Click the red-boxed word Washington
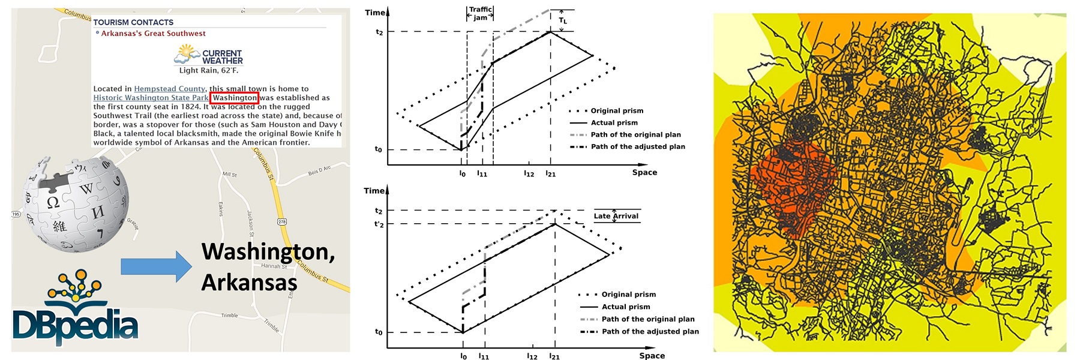pos(235,98)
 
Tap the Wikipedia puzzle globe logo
pos(76,204)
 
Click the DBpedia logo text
pos(75,325)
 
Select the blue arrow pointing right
pos(156,266)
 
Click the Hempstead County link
pos(169,89)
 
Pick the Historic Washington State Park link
pos(151,98)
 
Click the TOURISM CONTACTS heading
pos(133,22)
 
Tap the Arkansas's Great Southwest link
pos(153,34)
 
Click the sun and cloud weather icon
pos(187,55)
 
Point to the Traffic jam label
pos(480,13)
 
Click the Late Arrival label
pos(616,216)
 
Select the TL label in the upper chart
pos(562,21)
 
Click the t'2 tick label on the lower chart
pos(379,224)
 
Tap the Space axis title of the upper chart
pos(644,172)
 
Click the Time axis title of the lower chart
pos(374,191)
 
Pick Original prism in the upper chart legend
pos(617,110)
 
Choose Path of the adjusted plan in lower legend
pos(650,331)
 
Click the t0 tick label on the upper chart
pos(378,149)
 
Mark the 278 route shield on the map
pos(282,222)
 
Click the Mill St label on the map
pos(230,175)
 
